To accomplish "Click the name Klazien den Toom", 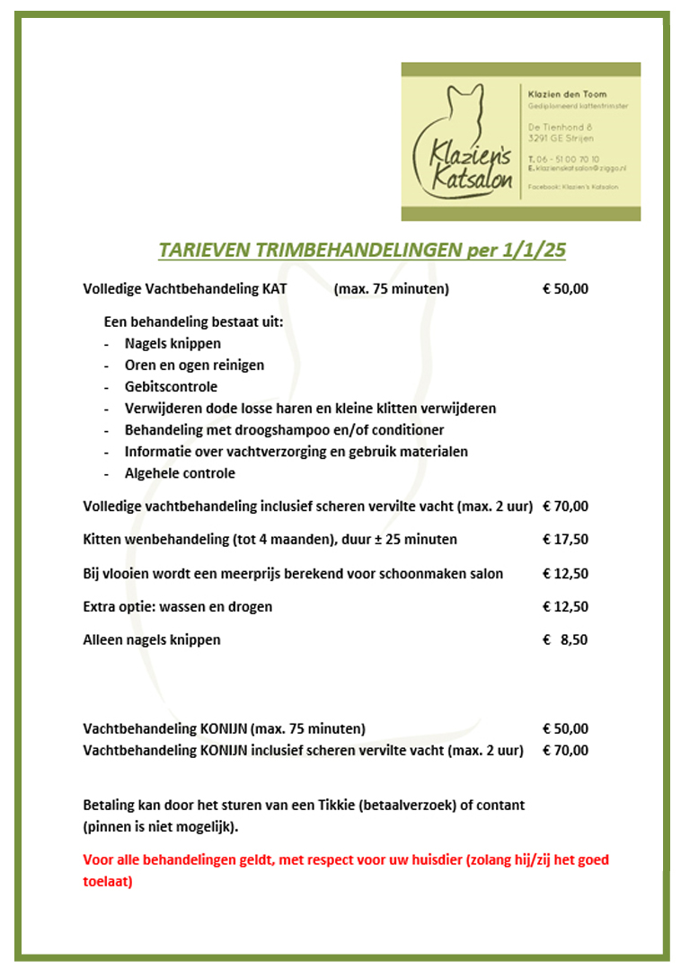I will click(568, 94).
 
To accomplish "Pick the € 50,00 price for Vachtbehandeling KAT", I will click(566, 289).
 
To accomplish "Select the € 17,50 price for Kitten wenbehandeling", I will click(566, 540).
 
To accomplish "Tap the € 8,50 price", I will click(566, 640).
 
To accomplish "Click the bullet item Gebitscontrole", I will click(171, 387).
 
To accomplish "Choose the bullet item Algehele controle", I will click(180, 473).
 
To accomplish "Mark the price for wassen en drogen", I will click(566, 607).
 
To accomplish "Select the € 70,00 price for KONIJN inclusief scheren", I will click(566, 751).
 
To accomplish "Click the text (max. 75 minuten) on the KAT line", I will click(391, 289).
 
